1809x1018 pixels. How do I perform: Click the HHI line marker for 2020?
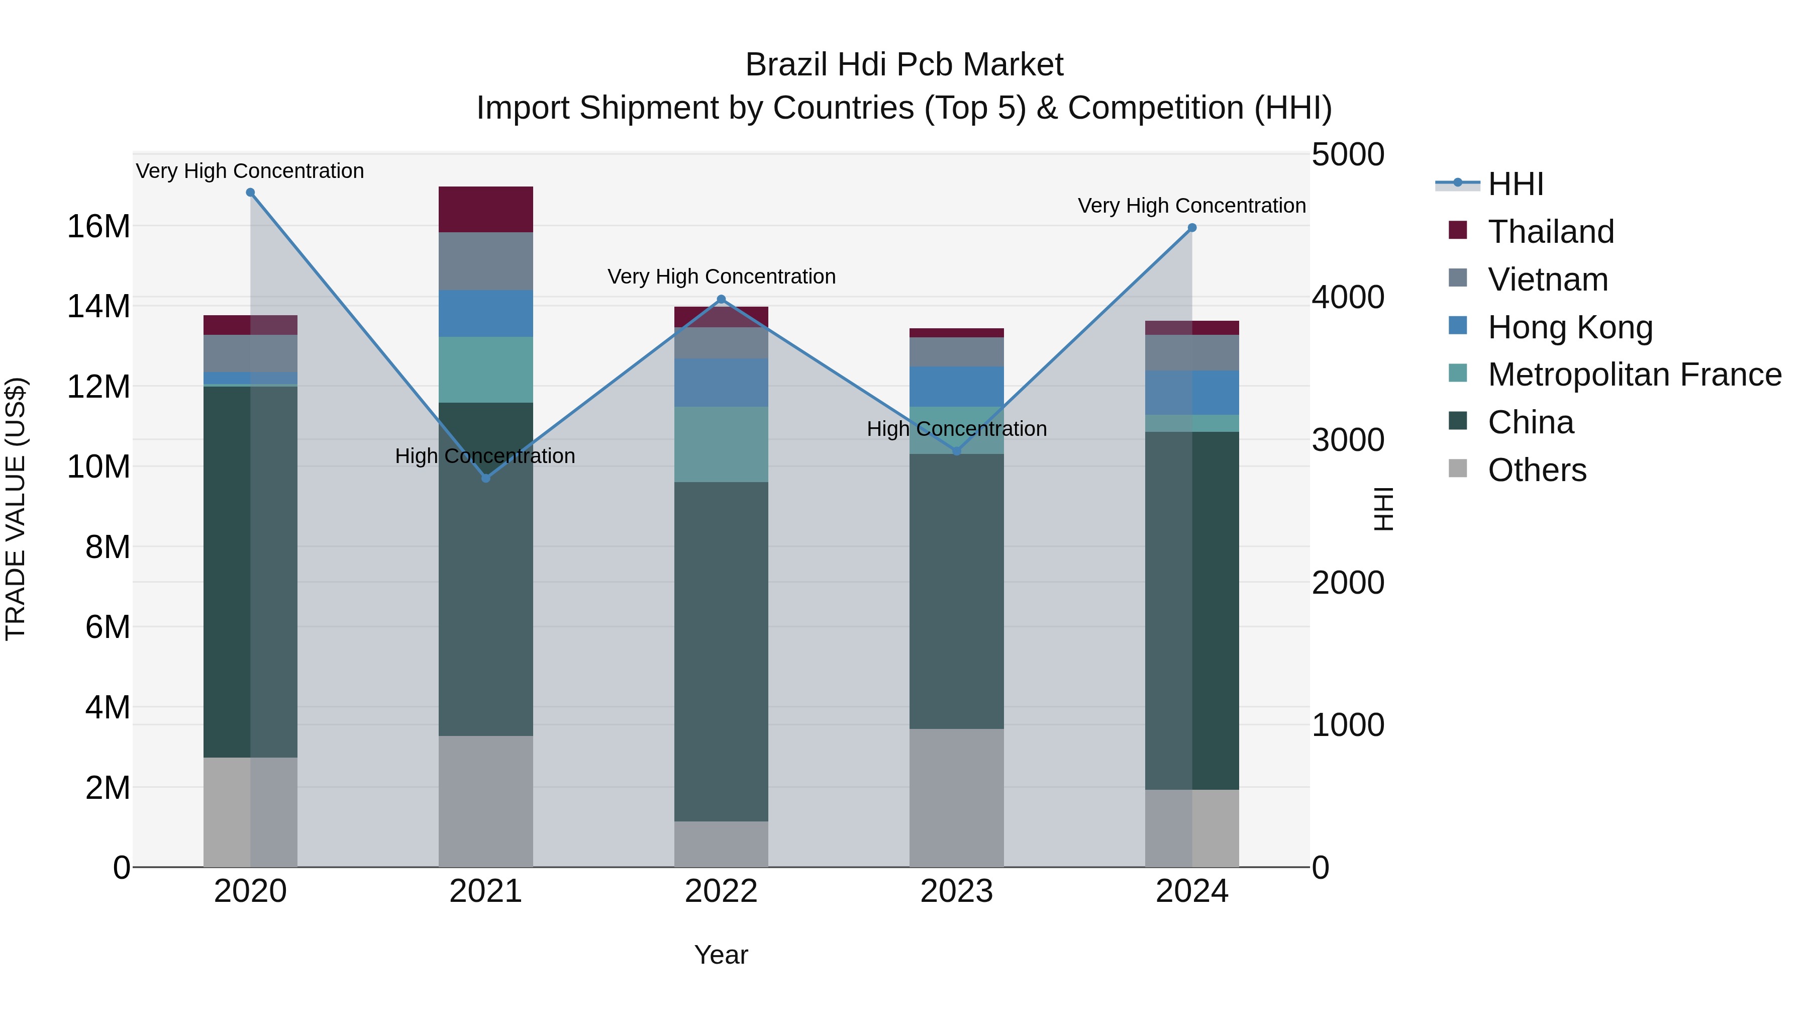point(250,193)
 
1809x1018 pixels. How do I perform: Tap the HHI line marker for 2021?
point(485,478)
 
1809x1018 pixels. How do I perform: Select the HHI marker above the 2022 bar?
point(721,299)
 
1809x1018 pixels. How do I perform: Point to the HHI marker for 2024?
point(1192,228)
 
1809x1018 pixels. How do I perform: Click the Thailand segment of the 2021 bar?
point(485,209)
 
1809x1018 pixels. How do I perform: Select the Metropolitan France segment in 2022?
point(721,444)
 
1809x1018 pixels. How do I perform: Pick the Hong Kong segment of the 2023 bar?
point(956,387)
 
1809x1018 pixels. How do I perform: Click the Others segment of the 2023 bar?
point(956,797)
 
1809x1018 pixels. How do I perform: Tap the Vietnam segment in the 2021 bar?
point(485,260)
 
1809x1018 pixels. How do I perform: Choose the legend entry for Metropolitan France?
point(1634,375)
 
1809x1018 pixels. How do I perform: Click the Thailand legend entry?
point(1551,231)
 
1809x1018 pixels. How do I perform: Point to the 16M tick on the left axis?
point(98,226)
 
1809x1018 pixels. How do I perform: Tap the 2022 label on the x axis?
point(721,891)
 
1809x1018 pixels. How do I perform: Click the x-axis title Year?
point(721,955)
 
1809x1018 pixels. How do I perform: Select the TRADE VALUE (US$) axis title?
point(16,509)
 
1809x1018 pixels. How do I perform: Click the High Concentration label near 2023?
point(956,428)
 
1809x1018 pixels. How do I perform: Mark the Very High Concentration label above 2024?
point(1192,206)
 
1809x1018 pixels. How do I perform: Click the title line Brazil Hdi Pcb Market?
point(904,65)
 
